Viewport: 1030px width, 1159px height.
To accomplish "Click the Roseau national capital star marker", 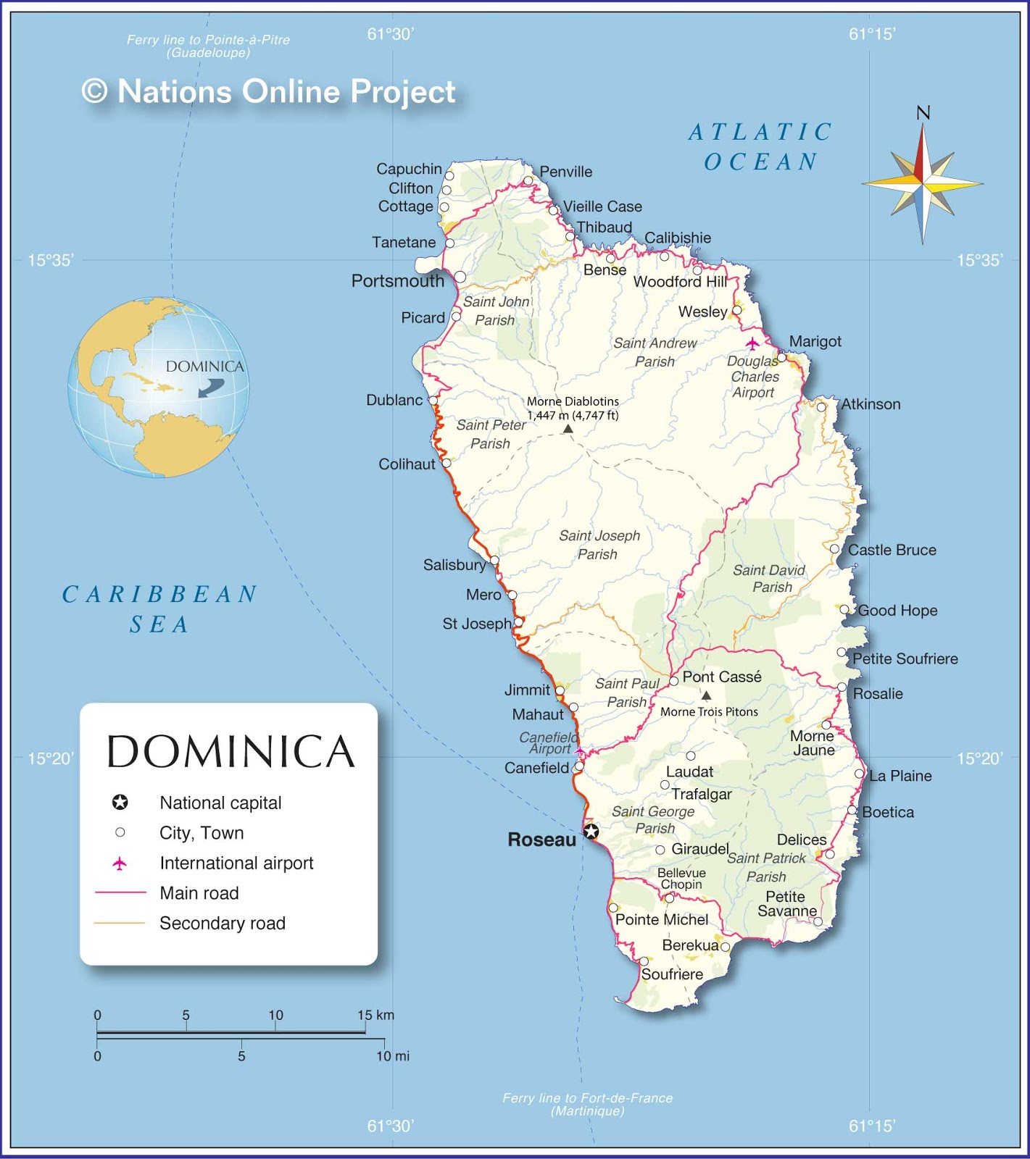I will click(591, 832).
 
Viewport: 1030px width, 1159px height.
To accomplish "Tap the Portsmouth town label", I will click(397, 281).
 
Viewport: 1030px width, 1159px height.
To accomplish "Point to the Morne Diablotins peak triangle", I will click(568, 429).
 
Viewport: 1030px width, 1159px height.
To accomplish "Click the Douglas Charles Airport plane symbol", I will click(752, 343).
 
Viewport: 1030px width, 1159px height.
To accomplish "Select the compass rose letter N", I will click(923, 113).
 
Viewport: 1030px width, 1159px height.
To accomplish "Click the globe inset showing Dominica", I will click(159, 387).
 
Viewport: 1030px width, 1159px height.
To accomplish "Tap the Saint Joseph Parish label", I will click(599, 545).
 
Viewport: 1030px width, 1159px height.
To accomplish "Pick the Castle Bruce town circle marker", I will click(834, 549).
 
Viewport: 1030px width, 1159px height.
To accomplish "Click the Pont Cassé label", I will click(722, 677).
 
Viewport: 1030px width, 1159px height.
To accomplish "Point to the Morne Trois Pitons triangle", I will click(706, 695).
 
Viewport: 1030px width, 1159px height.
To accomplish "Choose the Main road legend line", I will click(120, 893).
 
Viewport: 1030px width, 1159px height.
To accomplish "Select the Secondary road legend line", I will click(120, 923).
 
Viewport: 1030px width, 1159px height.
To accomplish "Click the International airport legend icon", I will click(120, 863).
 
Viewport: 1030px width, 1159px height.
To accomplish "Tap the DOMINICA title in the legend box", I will click(230, 751).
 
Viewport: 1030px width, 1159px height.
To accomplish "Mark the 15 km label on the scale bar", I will click(375, 1015).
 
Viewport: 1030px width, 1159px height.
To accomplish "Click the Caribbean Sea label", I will click(159, 608).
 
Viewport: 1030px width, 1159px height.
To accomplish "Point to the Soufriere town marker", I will click(644, 961).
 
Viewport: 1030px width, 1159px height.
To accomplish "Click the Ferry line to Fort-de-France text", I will click(587, 1104).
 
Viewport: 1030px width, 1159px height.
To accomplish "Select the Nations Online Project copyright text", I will click(269, 92).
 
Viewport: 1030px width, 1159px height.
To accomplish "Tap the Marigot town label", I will click(815, 341).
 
